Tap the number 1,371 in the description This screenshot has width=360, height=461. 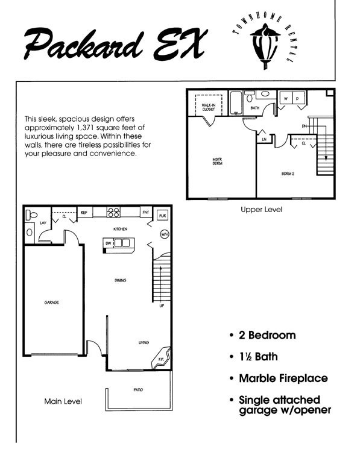tap(99, 128)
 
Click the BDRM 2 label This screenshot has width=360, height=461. tap(288, 174)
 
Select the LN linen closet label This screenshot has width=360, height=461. tap(264, 140)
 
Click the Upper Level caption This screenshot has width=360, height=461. tap(261, 210)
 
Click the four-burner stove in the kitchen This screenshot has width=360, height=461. tap(114, 212)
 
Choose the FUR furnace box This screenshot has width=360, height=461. tap(162, 215)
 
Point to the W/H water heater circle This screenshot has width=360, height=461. tap(164, 234)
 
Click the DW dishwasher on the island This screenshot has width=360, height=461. tap(109, 243)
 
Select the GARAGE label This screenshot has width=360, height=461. tap(51, 302)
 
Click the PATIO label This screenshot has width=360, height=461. tap(138, 390)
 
